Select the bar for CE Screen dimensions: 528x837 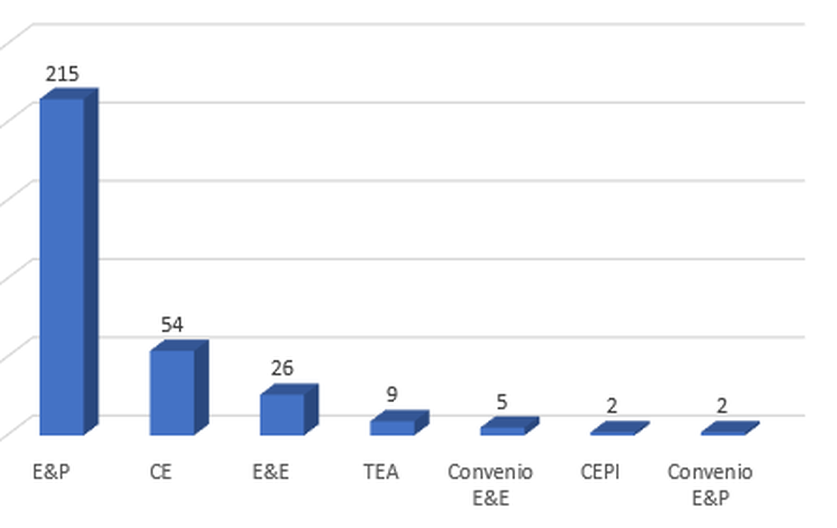[x=172, y=392]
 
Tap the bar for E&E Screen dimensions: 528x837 [x=282, y=414]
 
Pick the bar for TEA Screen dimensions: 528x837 [x=392, y=427]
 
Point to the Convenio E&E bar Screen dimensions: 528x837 [x=502, y=431]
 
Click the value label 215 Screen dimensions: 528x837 [x=62, y=74]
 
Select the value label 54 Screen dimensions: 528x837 [x=172, y=325]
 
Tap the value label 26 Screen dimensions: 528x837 [x=282, y=368]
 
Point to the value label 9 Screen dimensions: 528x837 [x=392, y=394]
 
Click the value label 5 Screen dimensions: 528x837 [x=502, y=402]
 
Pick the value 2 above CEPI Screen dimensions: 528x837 [x=612, y=406]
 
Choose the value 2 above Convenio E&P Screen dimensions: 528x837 [x=723, y=406]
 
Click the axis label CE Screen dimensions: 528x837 [x=161, y=472]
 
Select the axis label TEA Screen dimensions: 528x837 [x=381, y=472]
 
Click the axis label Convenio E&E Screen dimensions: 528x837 [x=491, y=484]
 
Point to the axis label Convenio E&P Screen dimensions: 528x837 [x=710, y=484]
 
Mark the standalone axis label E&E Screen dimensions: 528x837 [x=271, y=472]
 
